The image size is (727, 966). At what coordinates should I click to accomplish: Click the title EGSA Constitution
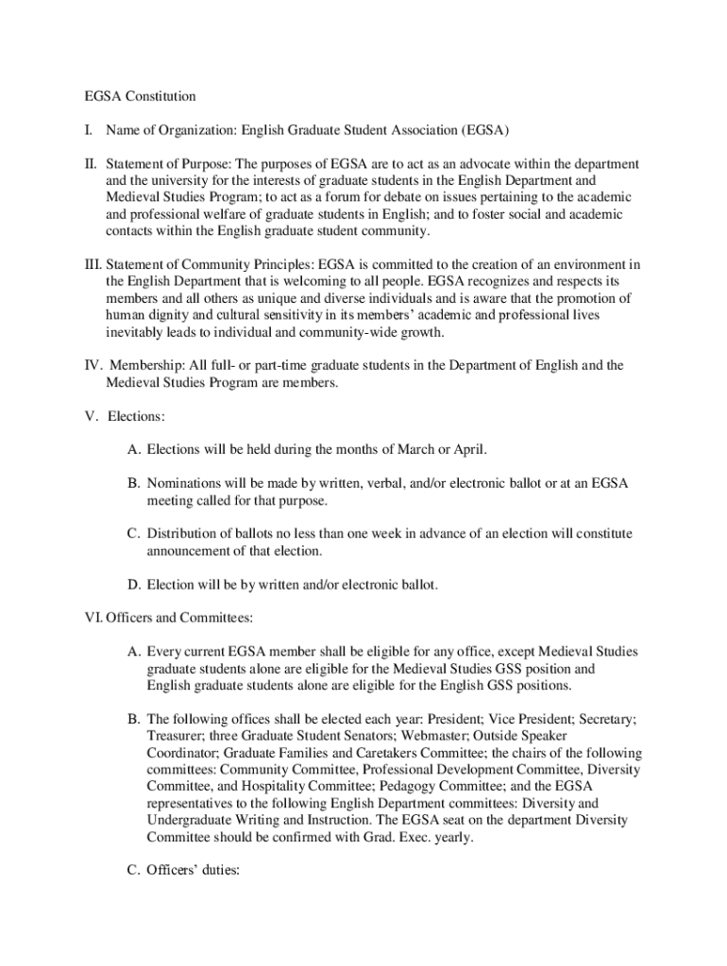click(136, 96)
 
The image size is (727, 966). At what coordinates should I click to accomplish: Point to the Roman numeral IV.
click(93, 365)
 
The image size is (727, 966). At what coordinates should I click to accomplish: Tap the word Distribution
click(186, 534)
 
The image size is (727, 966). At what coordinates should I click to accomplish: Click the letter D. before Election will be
click(135, 585)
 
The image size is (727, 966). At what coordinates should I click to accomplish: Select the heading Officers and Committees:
click(178, 618)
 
